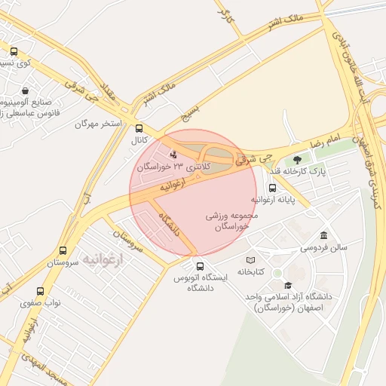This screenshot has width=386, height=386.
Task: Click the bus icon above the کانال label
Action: point(138,128)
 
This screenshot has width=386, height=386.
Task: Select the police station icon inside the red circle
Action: point(175,155)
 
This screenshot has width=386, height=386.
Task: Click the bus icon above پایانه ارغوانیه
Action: point(272,188)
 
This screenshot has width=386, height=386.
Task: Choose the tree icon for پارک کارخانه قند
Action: point(298,159)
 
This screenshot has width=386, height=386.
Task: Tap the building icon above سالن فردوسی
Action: point(323,235)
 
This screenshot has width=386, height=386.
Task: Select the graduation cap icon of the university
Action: point(287,285)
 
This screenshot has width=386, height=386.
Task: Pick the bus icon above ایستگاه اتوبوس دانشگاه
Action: point(200,266)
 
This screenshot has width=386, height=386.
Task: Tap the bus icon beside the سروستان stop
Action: point(63,251)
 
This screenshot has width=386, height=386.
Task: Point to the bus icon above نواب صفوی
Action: point(41,290)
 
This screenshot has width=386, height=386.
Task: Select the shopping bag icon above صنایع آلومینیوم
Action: point(26,90)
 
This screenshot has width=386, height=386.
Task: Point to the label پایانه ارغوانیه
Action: point(272,201)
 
